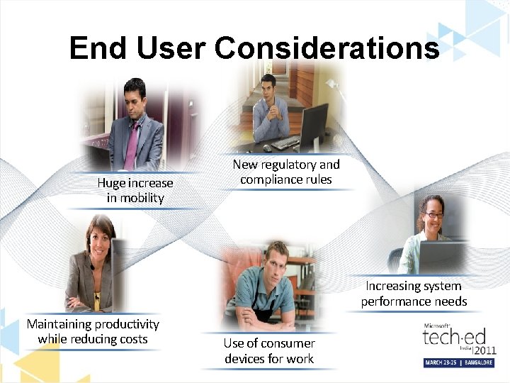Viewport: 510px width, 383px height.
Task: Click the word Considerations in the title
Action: pyautogui.click(x=327, y=48)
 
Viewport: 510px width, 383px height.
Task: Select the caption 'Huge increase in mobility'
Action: pyautogui.click(x=135, y=191)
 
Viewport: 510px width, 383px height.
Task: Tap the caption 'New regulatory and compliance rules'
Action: pyautogui.click(x=286, y=172)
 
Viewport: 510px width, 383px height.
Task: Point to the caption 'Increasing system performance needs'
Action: pyautogui.click(x=414, y=294)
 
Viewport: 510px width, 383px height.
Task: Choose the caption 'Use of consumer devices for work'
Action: pyautogui.click(x=269, y=350)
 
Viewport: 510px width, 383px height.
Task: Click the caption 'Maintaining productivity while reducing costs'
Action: pyautogui.click(x=93, y=331)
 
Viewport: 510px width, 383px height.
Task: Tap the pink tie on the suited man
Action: pyautogui.click(x=132, y=145)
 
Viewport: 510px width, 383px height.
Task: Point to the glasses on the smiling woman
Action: pyautogui.click(x=433, y=215)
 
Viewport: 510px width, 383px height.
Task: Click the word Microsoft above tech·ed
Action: pyautogui.click(x=436, y=325)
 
